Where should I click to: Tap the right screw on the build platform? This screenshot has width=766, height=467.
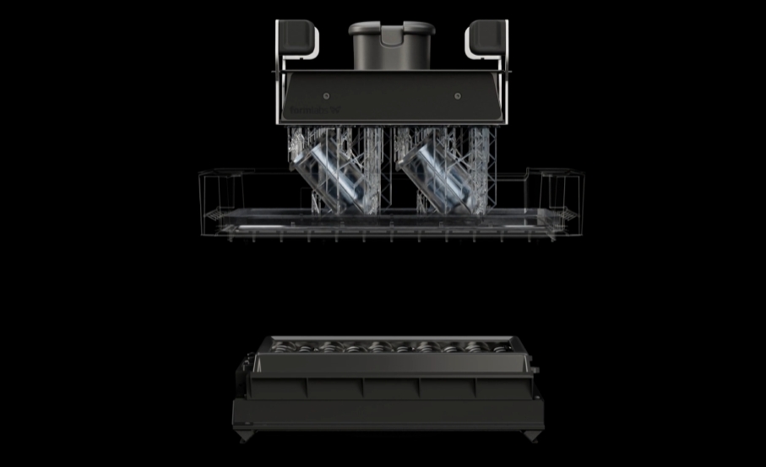[x=457, y=95]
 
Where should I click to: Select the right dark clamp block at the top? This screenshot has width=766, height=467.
[x=485, y=35]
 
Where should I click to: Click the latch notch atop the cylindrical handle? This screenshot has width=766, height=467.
[x=391, y=33]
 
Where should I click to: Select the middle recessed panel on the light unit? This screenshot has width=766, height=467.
[x=390, y=388]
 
